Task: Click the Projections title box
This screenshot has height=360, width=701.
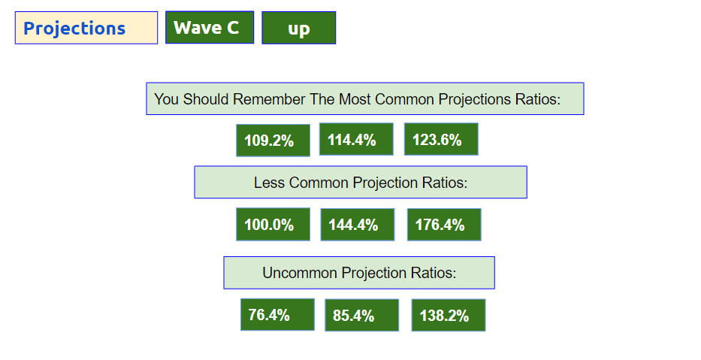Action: coord(86,28)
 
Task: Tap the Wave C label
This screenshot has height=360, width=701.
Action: coord(210,27)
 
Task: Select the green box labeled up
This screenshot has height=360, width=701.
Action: coord(298,28)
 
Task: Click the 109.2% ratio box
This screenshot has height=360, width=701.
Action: coord(273,141)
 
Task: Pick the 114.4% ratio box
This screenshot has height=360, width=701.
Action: coord(356,140)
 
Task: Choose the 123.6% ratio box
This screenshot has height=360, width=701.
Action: coord(441,140)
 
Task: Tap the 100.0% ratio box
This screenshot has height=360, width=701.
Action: coord(273,225)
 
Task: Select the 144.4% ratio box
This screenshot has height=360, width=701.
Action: coord(358,225)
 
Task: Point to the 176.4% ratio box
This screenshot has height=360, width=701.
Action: coord(444,225)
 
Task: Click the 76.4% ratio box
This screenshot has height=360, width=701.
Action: coord(278,315)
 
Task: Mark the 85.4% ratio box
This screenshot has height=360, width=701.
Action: coord(361,315)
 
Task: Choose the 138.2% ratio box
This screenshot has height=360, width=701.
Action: coord(449,315)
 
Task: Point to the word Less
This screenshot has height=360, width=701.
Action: coord(269,183)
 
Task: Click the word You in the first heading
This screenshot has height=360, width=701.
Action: coord(166,99)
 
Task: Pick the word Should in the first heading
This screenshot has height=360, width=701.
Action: coord(206,99)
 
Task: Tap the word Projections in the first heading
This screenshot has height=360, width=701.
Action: coord(474,99)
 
